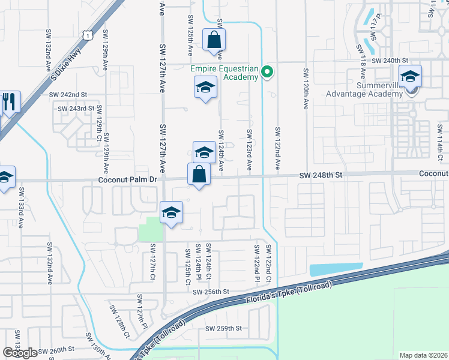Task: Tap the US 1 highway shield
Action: (88, 36)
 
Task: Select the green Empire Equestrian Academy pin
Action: (268, 73)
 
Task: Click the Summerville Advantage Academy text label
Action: (363, 89)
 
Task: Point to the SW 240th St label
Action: (390, 61)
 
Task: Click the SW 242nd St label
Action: (68, 95)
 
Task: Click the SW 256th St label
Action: (211, 292)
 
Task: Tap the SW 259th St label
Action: (223, 328)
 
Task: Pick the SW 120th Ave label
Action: (306, 88)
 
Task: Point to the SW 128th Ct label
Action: (119, 320)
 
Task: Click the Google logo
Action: (20, 353)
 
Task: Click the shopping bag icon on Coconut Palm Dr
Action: (199, 175)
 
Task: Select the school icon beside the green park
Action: (171, 213)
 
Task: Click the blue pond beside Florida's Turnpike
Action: (336, 269)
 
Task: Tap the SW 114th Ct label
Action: (440, 139)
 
